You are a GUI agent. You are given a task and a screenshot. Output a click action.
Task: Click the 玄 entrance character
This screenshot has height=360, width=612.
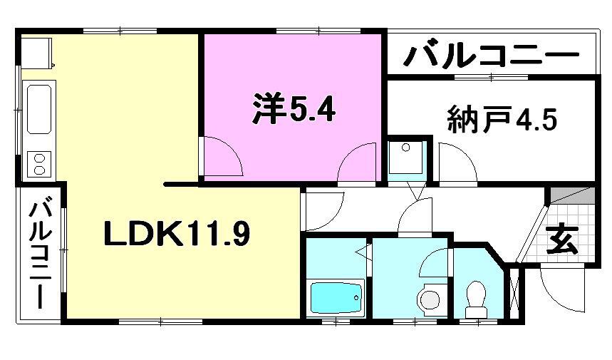(x=562, y=240)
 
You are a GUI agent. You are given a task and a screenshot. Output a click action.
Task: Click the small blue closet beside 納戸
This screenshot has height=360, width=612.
(x=406, y=158)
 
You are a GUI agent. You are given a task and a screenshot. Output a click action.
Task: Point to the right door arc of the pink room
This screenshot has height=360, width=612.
(x=358, y=163)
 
